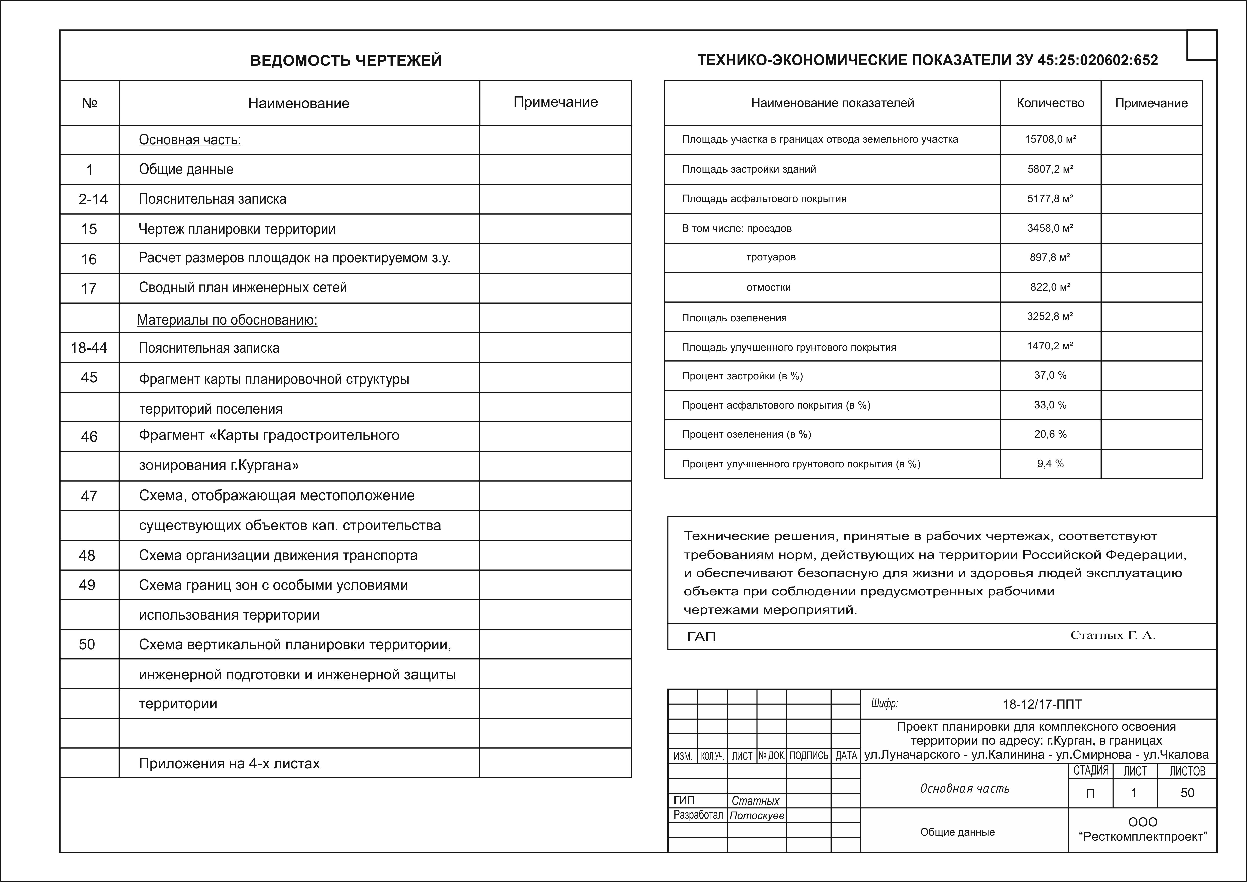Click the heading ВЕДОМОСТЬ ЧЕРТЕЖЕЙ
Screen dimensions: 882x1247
pos(346,60)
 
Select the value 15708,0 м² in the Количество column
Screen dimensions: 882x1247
pos(1050,139)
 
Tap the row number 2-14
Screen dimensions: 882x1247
pos(93,199)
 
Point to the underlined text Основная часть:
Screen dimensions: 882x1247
pos(190,140)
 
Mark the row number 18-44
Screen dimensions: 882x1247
pos(89,348)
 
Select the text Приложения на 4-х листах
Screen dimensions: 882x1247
pos(229,764)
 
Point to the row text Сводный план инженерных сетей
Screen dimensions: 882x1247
pos(243,287)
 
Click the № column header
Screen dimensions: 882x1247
pos(90,103)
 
